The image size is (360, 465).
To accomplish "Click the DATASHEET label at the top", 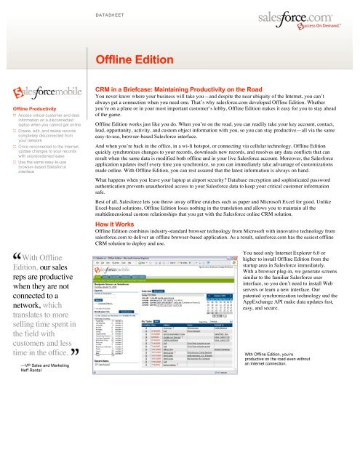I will point(116,12).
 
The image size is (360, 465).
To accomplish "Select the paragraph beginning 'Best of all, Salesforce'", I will point(223,211).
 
